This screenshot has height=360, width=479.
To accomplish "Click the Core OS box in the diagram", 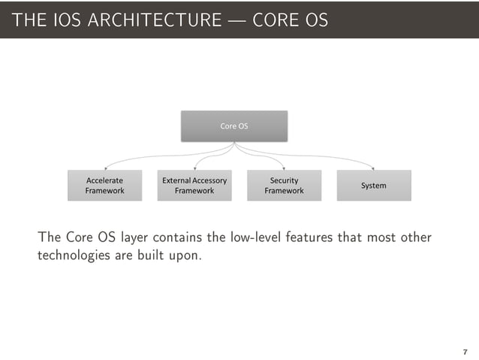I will [x=233, y=126].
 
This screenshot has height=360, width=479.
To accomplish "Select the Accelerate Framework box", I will [x=104, y=186].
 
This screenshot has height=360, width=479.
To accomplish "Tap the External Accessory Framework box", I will [x=194, y=186].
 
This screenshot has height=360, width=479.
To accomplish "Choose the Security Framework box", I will [x=284, y=186].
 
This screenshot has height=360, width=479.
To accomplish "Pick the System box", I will [x=374, y=186].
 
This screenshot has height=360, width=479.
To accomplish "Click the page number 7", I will [x=465, y=352].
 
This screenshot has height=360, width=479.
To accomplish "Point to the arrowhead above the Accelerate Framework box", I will [x=106, y=168].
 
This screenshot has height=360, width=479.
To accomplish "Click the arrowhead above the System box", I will [x=373, y=168].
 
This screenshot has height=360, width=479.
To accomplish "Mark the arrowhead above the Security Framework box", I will [x=283, y=168].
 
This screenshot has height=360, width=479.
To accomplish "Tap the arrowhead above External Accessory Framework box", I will [x=195, y=168].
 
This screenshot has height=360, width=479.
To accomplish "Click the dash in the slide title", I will [x=236, y=20].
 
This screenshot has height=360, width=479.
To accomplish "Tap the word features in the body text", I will [x=314, y=238].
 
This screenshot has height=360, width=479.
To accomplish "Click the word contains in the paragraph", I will [x=178, y=238].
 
